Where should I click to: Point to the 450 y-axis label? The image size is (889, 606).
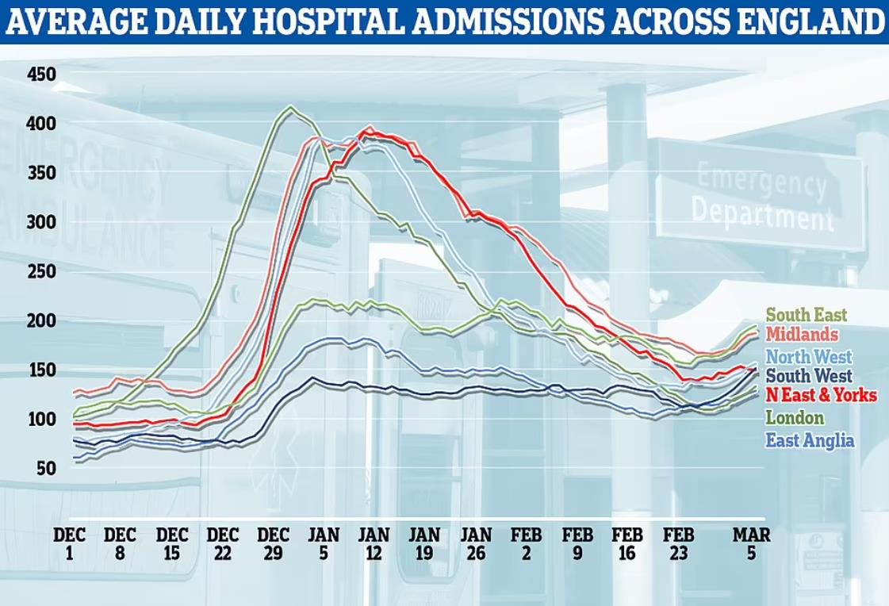click(x=41, y=75)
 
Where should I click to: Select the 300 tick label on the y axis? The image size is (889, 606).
click(x=41, y=222)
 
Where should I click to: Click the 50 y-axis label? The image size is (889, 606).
click(x=46, y=468)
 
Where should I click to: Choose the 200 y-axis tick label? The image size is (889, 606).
click(x=41, y=320)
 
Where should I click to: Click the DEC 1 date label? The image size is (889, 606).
click(x=69, y=543)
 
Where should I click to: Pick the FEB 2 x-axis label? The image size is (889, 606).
click(x=527, y=543)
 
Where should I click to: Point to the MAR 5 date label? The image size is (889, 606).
click(x=751, y=543)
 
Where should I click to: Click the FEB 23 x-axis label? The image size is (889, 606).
click(x=678, y=543)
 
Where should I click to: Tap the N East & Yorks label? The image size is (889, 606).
click(x=815, y=396)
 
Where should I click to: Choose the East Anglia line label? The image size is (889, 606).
click(x=809, y=440)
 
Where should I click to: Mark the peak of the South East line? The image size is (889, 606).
click(x=291, y=107)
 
